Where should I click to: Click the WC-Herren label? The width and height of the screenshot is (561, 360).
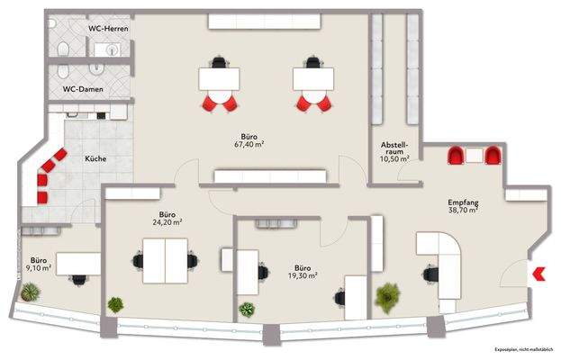point(106,30)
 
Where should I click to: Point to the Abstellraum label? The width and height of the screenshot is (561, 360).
point(394,148)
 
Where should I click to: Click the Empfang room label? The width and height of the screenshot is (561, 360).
point(463,202)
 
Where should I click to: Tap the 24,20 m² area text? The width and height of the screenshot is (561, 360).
point(167,220)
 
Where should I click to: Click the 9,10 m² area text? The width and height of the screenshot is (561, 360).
point(39,267)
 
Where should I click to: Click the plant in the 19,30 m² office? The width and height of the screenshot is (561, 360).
point(246,310)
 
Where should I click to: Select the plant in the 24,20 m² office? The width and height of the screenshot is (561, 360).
point(115,304)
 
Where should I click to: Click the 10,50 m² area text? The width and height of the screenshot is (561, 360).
point(394,159)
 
